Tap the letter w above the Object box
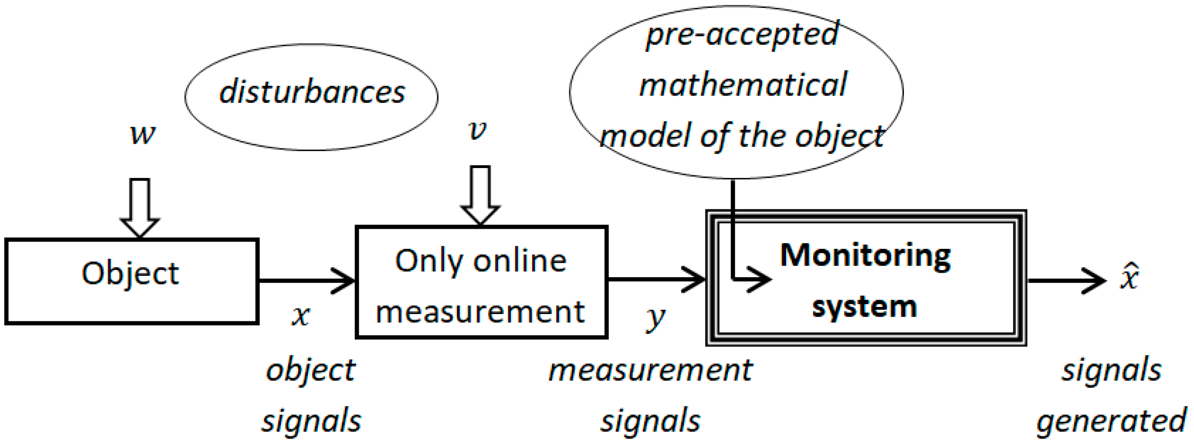pos(142,135)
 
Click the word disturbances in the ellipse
pos(312,92)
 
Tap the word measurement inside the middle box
pos(480,311)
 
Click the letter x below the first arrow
pos(301,316)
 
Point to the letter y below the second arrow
pos(655,318)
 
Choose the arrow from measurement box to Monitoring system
pos(656,279)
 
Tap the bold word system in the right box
pos(864,307)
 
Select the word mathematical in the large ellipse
pos(743,85)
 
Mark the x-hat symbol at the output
pos(1130,277)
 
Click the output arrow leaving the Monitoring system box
pos(1066,281)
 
